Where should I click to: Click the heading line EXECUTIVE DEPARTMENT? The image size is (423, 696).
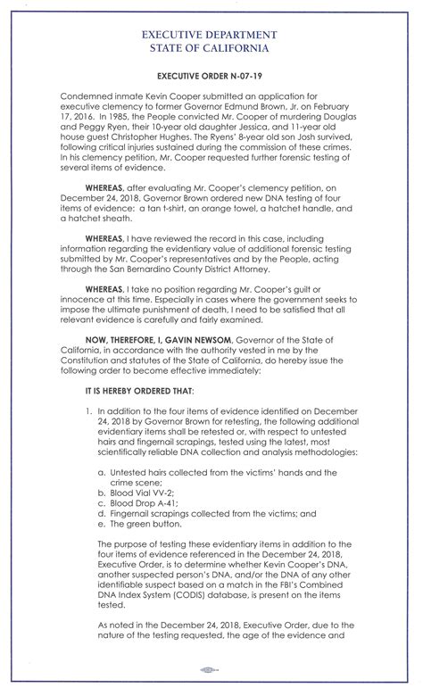[211, 33]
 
